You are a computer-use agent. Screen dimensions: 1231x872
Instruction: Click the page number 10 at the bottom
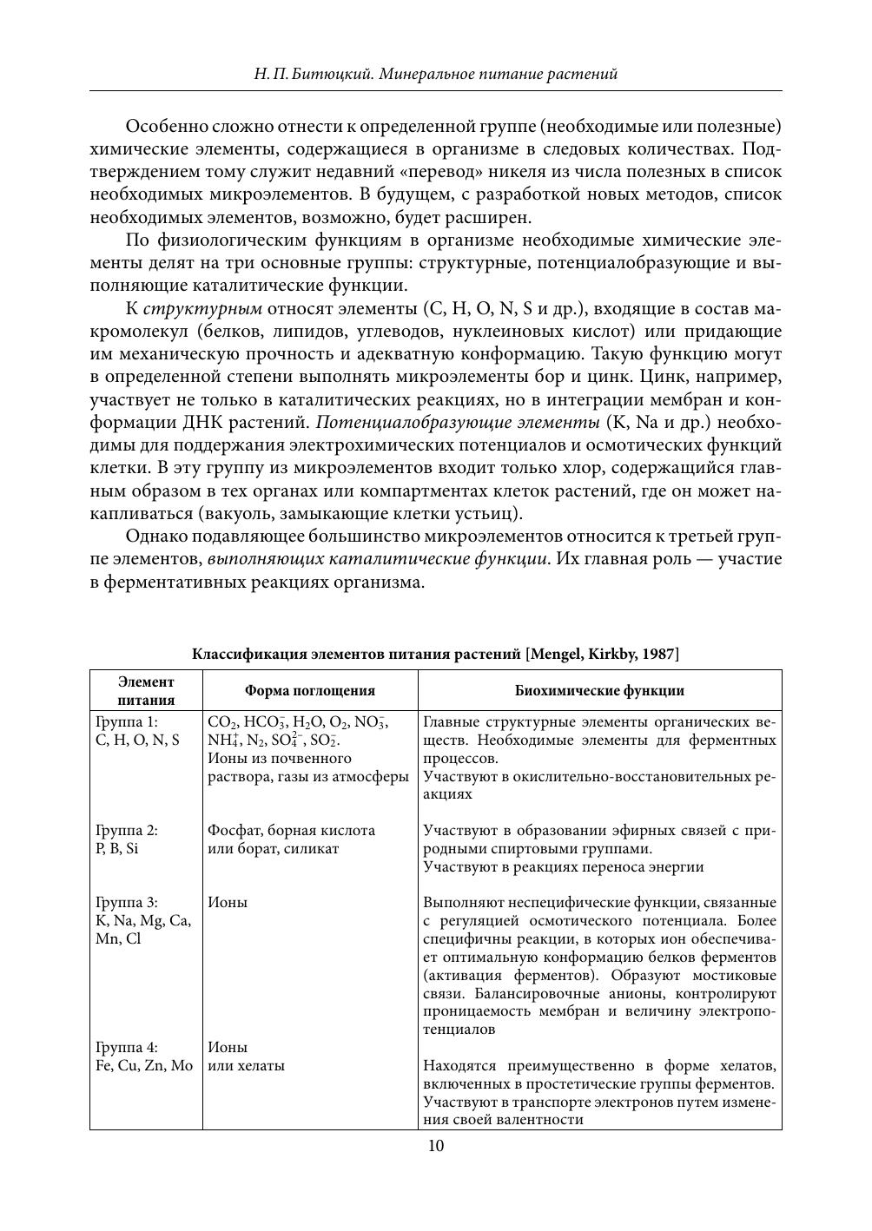pyautogui.click(x=436, y=1146)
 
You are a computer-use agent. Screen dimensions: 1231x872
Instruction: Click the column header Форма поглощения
pyautogui.click(x=310, y=691)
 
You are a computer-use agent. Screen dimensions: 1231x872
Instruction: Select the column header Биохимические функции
pyautogui.click(x=599, y=691)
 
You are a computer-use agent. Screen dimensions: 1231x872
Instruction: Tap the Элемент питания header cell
pyautogui.click(x=146, y=691)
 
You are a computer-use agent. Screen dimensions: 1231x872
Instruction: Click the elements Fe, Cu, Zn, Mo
pyautogui.click(x=144, y=1065)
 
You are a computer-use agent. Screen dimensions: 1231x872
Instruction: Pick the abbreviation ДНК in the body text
pyautogui.click(x=234, y=423)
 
